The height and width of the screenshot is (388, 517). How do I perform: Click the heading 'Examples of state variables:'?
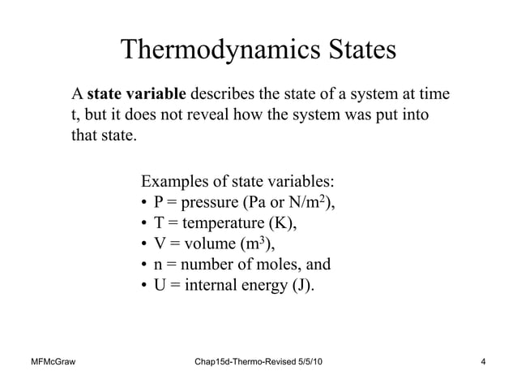point(238,179)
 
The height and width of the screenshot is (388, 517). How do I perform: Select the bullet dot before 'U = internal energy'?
point(143,287)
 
